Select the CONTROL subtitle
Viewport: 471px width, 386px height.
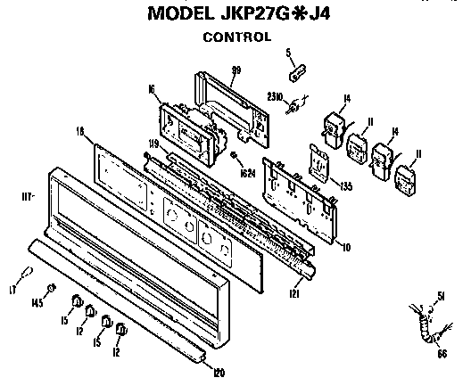tap(236, 37)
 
